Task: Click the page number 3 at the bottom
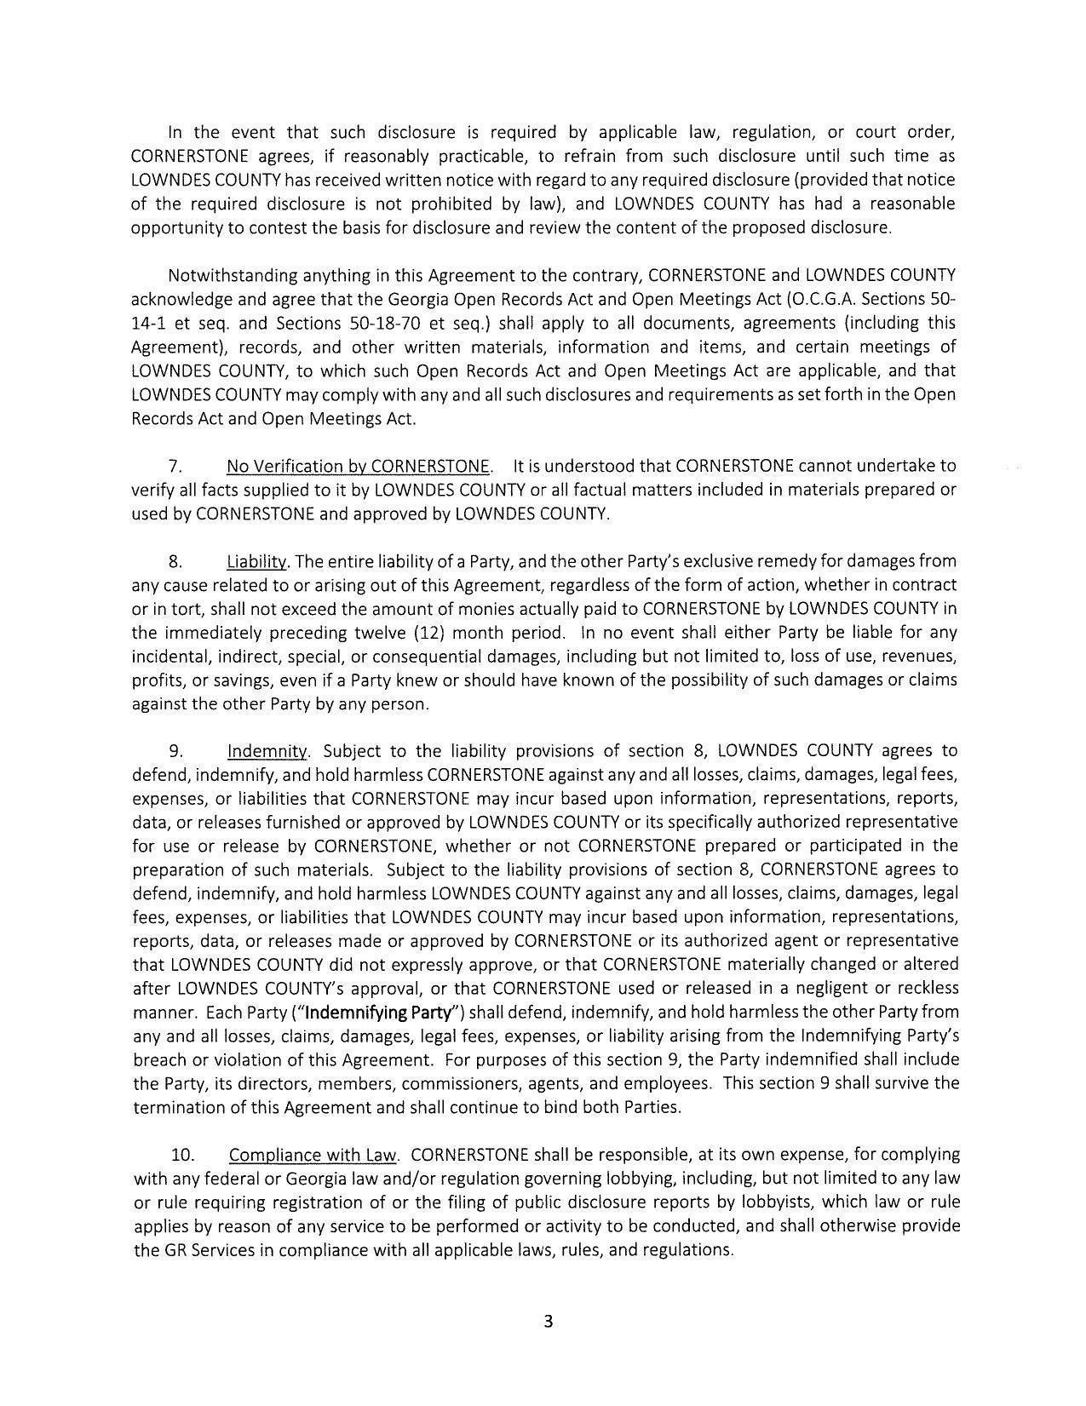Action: click(x=548, y=1322)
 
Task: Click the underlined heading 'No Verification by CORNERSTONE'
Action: click(x=359, y=466)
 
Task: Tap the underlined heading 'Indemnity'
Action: click(x=267, y=751)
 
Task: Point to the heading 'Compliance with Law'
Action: click(x=313, y=1156)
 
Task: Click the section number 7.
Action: click(x=175, y=466)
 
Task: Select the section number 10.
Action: click(x=182, y=1156)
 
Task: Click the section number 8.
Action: click(x=175, y=561)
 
